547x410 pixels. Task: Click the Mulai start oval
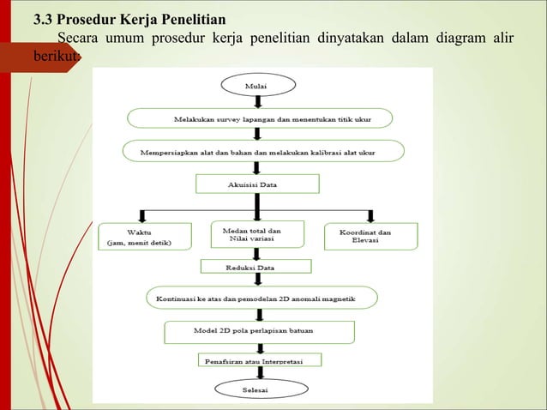(x=258, y=85)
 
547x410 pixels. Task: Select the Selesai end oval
(x=258, y=389)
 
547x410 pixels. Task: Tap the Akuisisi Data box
(x=257, y=184)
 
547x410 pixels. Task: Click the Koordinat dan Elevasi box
(x=371, y=236)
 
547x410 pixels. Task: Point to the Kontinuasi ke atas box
(x=261, y=298)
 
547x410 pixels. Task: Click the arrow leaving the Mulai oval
(x=258, y=101)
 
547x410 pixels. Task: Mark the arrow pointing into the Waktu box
(x=142, y=215)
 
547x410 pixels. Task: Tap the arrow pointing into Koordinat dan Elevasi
(x=370, y=215)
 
